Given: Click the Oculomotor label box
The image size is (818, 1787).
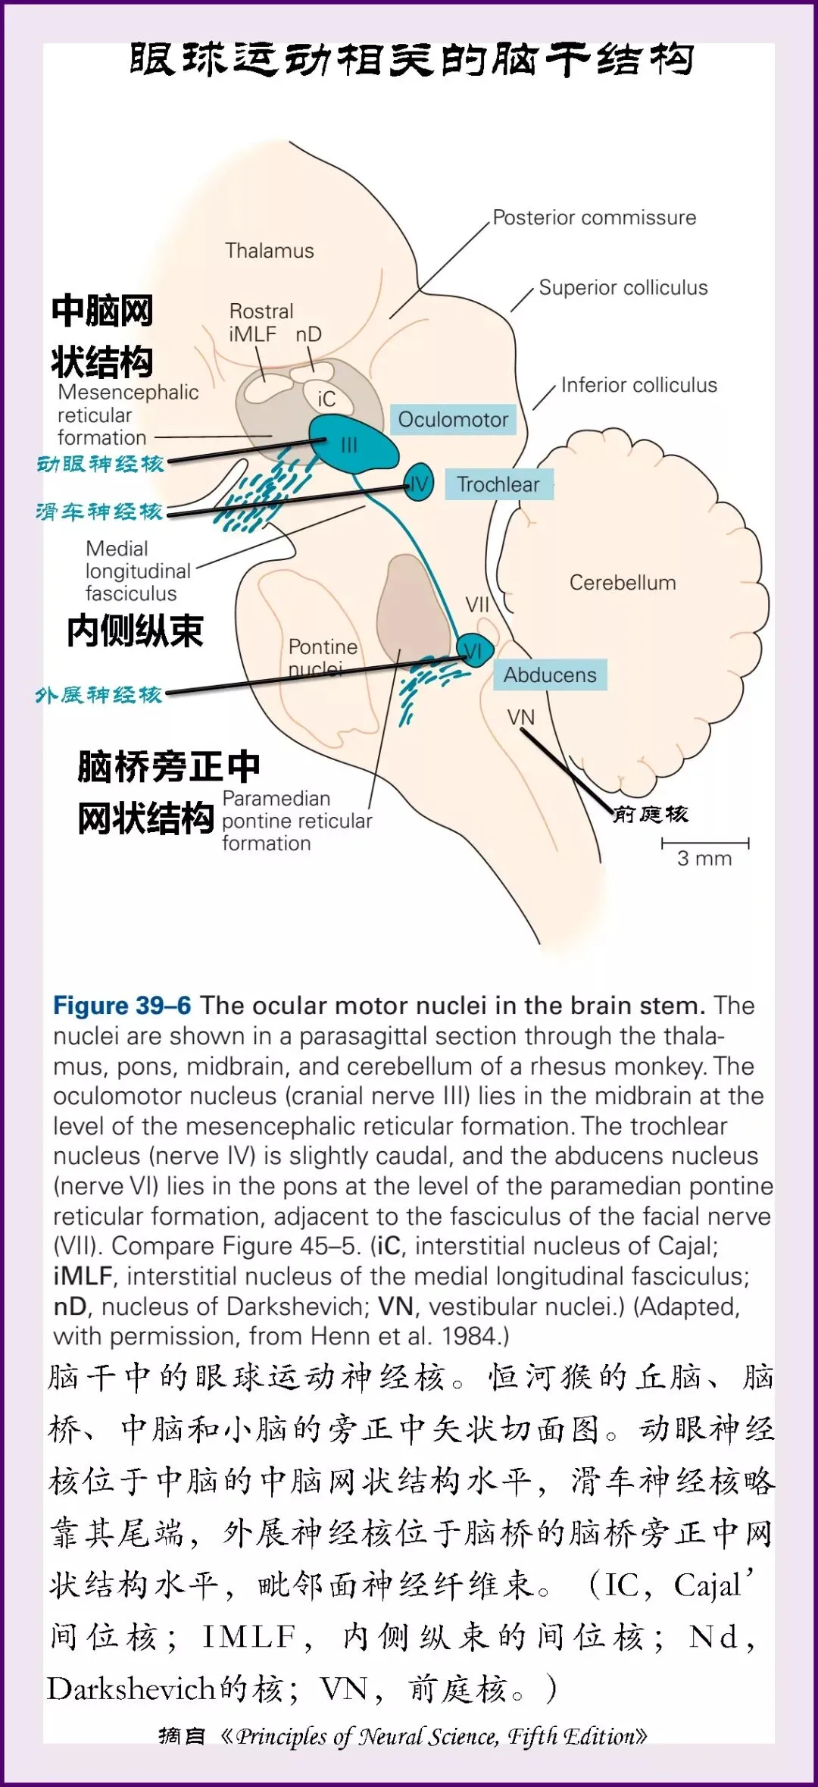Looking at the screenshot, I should [x=453, y=420].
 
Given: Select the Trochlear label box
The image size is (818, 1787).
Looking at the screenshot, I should [x=498, y=484].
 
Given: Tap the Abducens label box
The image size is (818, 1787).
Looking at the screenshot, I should [x=550, y=674].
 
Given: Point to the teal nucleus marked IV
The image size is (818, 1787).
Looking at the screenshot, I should [x=418, y=483].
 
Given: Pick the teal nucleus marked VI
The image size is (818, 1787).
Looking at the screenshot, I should [x=474, y=650].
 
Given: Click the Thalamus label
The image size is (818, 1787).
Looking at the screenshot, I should [x=269, y=251].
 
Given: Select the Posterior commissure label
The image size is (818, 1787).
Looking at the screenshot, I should [x=594, y=218].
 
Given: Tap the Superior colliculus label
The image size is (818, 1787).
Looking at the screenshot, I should [x=623, y=288].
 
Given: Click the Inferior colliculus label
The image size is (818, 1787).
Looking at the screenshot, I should [x=638, y=385].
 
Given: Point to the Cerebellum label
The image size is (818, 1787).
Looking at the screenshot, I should [x=622, y=583].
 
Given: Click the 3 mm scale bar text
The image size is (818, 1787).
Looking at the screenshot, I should [x=704, y=859].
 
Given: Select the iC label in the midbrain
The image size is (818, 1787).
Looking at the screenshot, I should [x=326, y=399].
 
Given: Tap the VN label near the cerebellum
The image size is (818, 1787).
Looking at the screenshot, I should [x=520, y=717].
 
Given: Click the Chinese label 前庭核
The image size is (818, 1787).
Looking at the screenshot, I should [x=651, y=815].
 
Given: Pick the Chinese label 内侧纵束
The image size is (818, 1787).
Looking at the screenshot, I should [x=135, y=631].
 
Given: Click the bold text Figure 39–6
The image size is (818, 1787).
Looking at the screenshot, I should [x=122, y=1006].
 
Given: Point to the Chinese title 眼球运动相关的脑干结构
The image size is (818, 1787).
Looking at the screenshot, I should [x=411, y=60].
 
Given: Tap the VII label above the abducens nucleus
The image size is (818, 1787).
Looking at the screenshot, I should [x=477, y=605].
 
